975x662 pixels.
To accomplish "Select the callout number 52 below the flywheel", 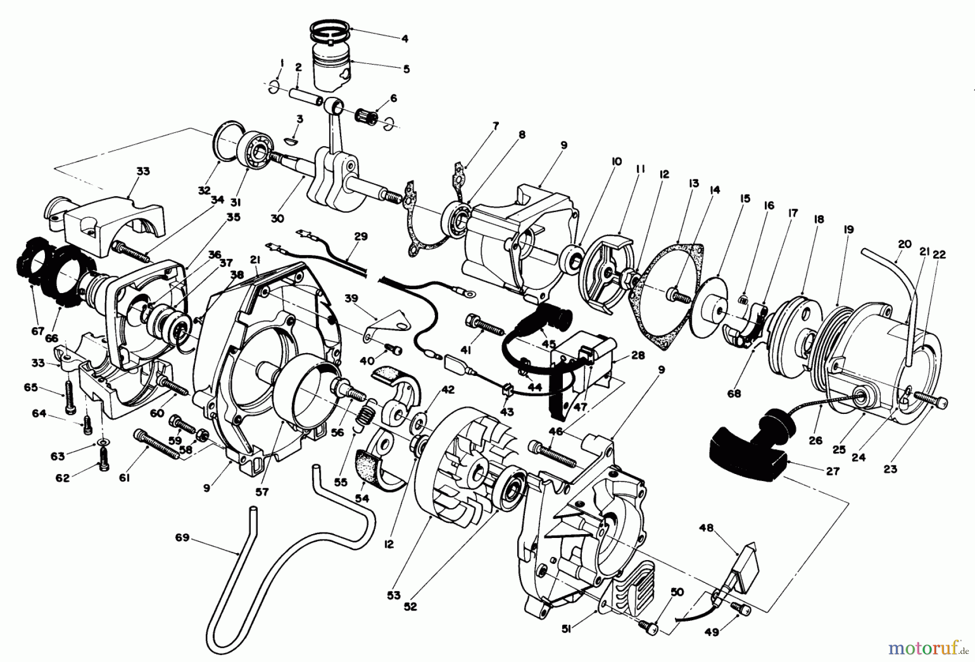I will click(411, 607).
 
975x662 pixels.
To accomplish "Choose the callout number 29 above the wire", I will click(361, 237).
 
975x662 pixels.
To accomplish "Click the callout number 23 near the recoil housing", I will click(890, 469).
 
